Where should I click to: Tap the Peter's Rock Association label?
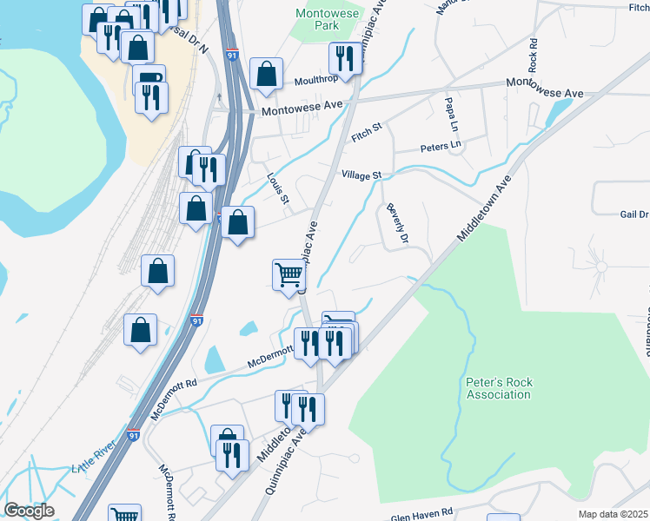(497, 388)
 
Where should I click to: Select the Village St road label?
(361, 175)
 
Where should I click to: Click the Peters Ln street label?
(441, 146)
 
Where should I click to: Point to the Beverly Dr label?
(398, 223)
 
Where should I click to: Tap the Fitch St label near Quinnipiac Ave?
(367, 133)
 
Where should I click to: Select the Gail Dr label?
(634, 214)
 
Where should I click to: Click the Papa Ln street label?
(450, 111)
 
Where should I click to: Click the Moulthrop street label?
(318, 78)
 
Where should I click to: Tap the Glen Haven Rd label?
(422, 513)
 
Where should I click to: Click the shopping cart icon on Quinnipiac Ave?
(289, 275)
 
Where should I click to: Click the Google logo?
(29, 510)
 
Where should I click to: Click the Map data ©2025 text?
(613, 514)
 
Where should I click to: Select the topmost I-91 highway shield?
(231, 54)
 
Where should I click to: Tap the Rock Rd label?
(533, 55)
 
